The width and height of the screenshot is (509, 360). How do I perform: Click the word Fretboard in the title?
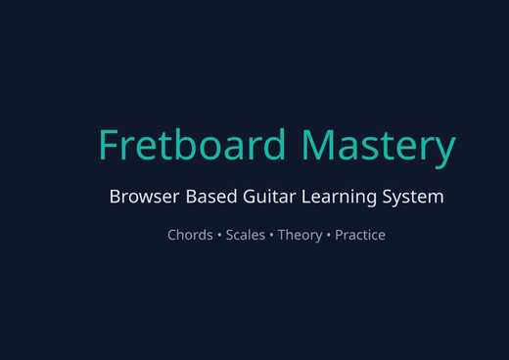[x=192, y=145]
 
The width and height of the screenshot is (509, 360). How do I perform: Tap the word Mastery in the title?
[x=378, y=145]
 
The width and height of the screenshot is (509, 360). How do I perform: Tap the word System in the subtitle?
[x=415, y=197]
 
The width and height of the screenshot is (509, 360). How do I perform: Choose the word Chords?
[x=190, y=235]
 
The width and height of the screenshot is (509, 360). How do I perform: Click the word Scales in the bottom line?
[x=245, y=235]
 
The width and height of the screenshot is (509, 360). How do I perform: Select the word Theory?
[x=300, y=235]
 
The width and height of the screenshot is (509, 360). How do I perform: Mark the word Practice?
[x=360, y=235]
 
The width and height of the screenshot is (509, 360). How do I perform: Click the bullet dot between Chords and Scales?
[x=219, y=236]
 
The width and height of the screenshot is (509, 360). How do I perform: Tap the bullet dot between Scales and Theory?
[x=271, y=236]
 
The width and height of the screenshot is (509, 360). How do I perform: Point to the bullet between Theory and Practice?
[x=329, y=236]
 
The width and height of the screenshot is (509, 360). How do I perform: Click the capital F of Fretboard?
[x=110, y=145]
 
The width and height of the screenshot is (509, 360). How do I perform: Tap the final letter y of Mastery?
[x=445, y=149]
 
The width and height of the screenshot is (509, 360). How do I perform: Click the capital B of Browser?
[x=116, y=197]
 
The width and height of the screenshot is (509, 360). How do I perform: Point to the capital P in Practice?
[x=340, y=235]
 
